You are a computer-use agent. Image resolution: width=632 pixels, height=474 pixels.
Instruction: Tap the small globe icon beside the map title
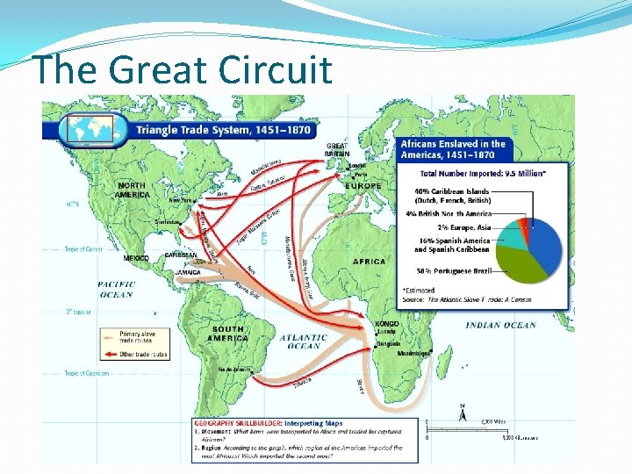(x=86, y=129)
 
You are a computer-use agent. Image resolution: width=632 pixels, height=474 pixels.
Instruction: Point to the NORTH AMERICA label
(x=133, y=190)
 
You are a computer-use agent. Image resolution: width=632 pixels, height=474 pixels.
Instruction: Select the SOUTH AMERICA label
(x=227, y=334)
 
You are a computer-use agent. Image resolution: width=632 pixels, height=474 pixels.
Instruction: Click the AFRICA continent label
(x=370, y=262)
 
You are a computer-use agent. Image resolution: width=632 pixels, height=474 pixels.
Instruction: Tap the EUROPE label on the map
(x=363, y=186)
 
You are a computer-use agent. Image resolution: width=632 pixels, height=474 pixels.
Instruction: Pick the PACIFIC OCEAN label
(x=116, y=290)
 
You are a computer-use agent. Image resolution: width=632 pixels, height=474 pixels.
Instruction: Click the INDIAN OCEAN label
(x=500, y=326)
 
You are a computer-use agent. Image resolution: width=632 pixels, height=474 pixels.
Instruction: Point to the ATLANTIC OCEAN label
(x=304, y=341)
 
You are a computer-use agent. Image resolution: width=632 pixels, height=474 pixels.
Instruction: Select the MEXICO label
(x=136, y=258)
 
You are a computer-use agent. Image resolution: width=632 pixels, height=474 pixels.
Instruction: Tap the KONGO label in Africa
(x=387, y=323)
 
